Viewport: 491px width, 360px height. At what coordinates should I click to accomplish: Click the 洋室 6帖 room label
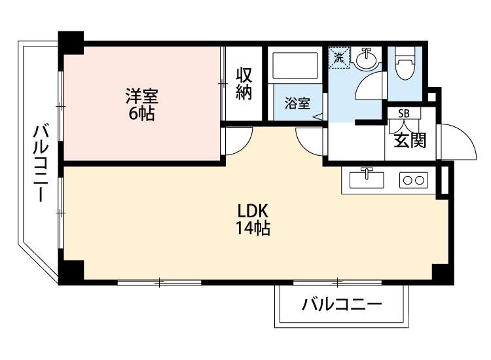pyautogui.click(x=141, y=103)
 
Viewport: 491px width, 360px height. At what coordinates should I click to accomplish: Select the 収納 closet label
pyautogui.click(x=244, y=83)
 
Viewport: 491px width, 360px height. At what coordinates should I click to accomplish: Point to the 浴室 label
pyautogui.click(x=297, y=103)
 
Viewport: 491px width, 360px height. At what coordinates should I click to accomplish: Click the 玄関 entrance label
pyautogui.click(x=410, y=139)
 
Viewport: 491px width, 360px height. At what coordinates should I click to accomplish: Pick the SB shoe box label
pyautogui.click(x=403, y=113)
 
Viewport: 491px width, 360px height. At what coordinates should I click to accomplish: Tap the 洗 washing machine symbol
pyautogui.click(x=339, y=57)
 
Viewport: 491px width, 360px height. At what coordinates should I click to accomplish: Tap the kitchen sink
pyautogui.click(x=367, y=179)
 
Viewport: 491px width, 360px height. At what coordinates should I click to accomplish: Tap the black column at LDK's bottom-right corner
pyautogui.click(x=441, y=273)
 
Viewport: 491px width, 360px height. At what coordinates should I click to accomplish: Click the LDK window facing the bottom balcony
pyautogui.click(x=337, y=283)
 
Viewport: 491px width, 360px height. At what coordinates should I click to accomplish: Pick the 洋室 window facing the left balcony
pyautogui.click(x=60, y=105)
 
